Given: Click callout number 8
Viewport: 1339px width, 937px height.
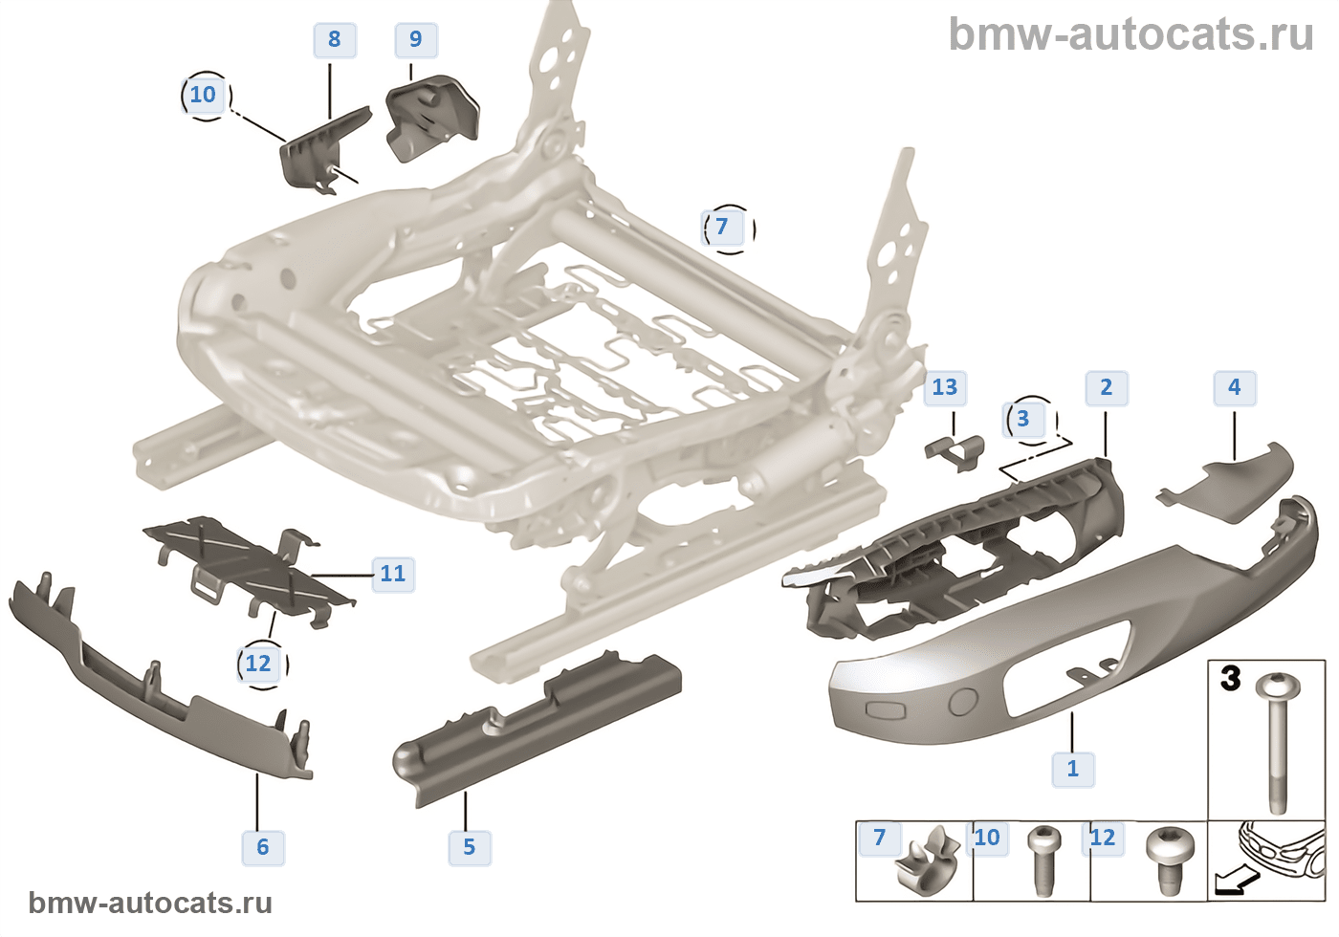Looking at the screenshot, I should [x=334, y=39].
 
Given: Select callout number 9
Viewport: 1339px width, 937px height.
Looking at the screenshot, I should [x=415, y=39].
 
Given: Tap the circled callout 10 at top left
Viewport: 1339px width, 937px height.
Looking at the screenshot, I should [x=204, y=95].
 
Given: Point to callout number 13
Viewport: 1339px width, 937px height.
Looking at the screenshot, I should [x=944, y=387].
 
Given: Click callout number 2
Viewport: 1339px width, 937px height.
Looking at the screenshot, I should [x=1107, y=387].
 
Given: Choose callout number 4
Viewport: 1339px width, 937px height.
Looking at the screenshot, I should [x=1234, y=387].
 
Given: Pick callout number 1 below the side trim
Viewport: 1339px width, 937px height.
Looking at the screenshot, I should [x=1072, y=769].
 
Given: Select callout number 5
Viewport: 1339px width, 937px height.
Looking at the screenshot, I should [x=469, y=846].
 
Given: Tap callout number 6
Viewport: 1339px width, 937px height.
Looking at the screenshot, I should [x=263, y=846].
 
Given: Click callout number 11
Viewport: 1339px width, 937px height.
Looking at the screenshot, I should [x=393, y=574].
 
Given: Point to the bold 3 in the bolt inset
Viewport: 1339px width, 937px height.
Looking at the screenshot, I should [x=1231, y=679].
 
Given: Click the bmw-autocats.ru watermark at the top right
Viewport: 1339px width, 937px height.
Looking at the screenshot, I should [x=1130, y=34].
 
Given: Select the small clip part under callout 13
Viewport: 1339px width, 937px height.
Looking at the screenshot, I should [x=955, y=449].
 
